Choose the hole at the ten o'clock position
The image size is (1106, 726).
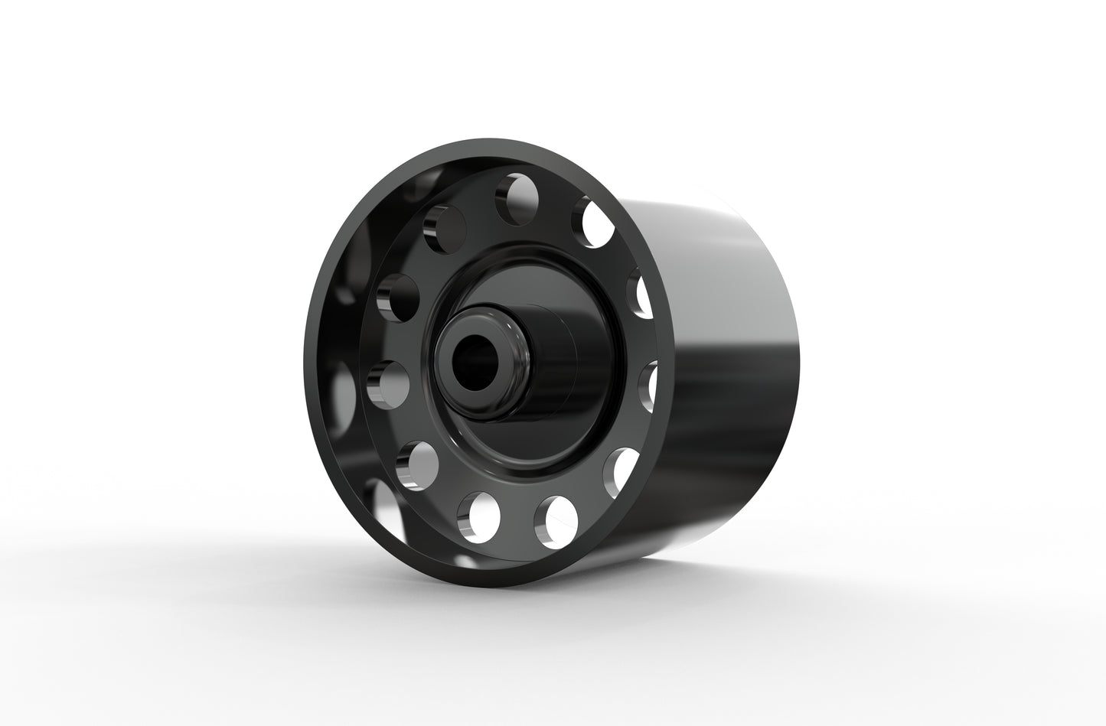[399, 295]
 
